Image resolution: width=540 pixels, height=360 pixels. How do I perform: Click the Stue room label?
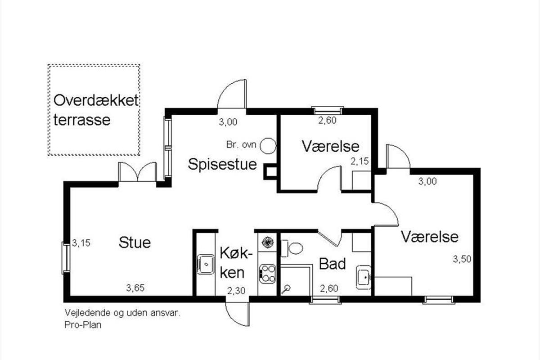pyautogui.click(x=135, y=243)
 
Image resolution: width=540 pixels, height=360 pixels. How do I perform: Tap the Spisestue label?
pyautogui.click(x=222, y=165)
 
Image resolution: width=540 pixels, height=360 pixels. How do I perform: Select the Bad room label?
pyautogui.click(x=333, y=264)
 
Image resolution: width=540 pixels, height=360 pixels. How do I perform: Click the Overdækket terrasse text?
pyautogui.click(x=96, y=110)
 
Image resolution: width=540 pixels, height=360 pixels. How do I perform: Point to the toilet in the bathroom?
pyautogui.click(x=292, y=248)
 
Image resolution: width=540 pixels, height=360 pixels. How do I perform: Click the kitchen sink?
pyautogui.click(x=206, y=264)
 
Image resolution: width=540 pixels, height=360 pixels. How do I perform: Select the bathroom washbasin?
pyautogui.click(x=364, y=277)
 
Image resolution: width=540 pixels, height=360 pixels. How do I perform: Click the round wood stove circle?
pyautogui.click(x=268, y=146)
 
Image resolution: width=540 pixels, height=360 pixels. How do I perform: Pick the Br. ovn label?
pyautogui.click(x=241, y=145)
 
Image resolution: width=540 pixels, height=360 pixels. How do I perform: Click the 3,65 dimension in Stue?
pyautogui.click(x=135, y=288)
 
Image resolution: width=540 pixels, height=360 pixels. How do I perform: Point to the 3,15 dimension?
pyautogui.click(x=81, y=243)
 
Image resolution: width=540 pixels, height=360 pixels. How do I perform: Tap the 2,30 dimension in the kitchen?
pyautogui.click(x=236, y=291)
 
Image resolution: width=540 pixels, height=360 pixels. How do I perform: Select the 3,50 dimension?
pyautogui.click(x=462, y=259)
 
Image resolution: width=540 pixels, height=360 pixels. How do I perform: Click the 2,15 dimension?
pyautogui.click(x=360, y=161)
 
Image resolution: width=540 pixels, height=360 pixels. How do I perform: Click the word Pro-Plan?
pyautogui.click(x=83, y=325)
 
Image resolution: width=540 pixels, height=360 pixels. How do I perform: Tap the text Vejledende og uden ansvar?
pyautogui.click(x=122, y=313)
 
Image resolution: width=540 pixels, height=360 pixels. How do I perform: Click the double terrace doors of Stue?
pyautogui.click(x=137, y=172)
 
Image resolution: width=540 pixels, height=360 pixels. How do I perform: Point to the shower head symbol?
pyautogui.click(x=286, y=289)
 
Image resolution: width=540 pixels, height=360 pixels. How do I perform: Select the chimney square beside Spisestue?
pyautogui.click(x=270, y=171)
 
